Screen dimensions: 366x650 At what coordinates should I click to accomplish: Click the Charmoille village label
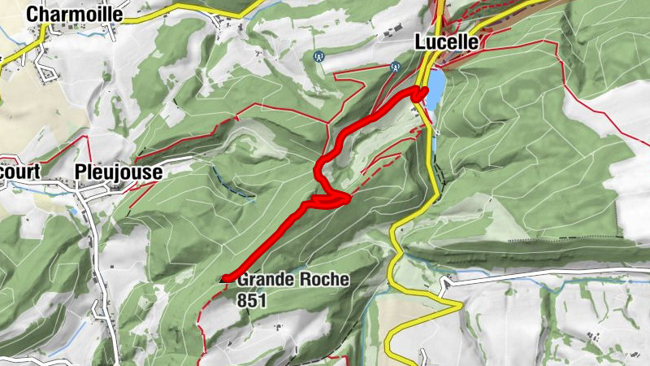75,15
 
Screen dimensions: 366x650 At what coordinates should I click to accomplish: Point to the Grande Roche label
293,280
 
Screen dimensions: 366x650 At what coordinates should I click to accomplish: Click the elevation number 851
253,300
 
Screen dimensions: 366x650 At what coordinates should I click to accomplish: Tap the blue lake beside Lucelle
437,86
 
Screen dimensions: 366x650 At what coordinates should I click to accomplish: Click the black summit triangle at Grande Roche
225,279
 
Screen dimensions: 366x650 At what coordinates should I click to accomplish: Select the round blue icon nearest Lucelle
396,67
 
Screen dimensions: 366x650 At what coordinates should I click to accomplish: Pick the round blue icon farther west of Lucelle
318,57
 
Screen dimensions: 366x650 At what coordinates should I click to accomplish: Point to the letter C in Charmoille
33,15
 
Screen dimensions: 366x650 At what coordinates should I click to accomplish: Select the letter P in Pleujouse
80,172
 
